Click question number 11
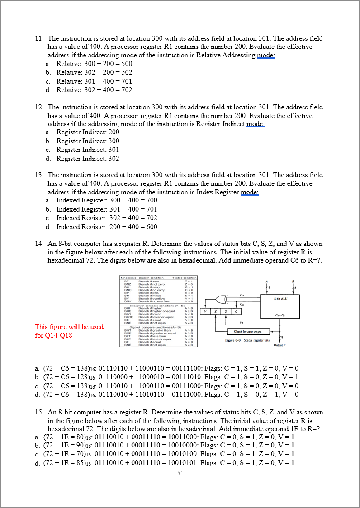(39, 38)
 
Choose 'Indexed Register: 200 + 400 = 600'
(106, 227)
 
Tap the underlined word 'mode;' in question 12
(256, 124)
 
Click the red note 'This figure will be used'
(69, 326)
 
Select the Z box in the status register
(216, 311)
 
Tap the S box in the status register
(226, 311)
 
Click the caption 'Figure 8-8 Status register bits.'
(247, 340)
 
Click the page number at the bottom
(180, 473)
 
